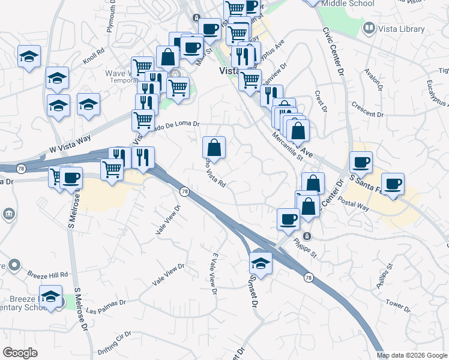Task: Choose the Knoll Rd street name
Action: pos(94,56)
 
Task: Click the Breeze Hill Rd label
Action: pos(47,274)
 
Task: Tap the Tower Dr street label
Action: pos(398,305)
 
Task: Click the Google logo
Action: pos(20,353)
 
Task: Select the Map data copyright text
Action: pos(411,355)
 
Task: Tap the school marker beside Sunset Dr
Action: pos(261,262)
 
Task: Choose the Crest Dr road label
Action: pos(320,101)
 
